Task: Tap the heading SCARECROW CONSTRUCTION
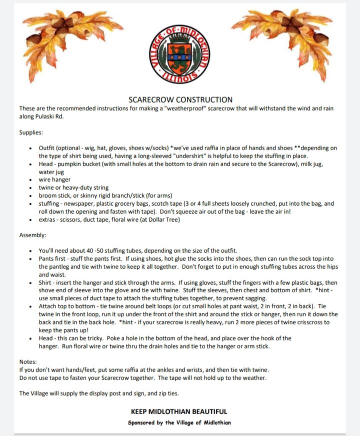coord(180,100)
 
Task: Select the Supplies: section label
coord(31,133)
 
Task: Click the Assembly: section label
coord(33,234)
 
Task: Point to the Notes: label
coord(29,361)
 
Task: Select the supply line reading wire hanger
coord(55,179)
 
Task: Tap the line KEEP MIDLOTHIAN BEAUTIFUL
coord(179,411)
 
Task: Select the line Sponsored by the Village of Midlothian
coord(179,422)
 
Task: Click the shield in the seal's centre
coord(180,53)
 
